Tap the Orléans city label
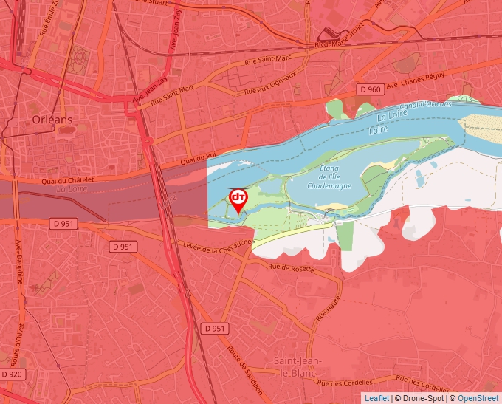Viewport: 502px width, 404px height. [52, 119]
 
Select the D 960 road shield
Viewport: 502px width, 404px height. [370, 89]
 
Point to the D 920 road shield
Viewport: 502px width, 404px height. [13, 374]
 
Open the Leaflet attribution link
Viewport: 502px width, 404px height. [376, 398]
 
